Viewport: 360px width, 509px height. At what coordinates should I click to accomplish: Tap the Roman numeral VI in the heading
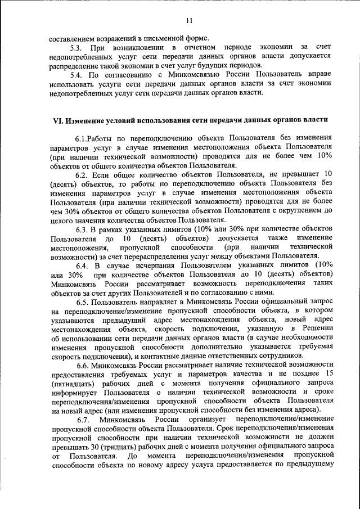tap(56, 121)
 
